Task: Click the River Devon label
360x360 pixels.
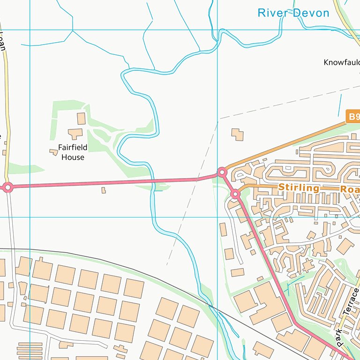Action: point(293,13)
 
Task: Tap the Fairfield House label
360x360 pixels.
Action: point(73,152)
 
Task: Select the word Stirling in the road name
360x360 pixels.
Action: point(299,187)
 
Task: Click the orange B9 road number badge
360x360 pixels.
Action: point(353,116)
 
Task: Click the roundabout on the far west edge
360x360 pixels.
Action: point(7,187)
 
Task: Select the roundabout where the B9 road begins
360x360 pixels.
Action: point(222,172)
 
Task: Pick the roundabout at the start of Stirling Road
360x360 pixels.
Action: point(235,194)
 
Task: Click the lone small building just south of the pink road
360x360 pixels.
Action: point(104,190)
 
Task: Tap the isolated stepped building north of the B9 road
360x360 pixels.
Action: point(238,135)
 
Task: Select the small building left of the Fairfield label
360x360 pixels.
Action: point(53,151)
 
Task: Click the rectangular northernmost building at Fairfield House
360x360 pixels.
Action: point(81,118)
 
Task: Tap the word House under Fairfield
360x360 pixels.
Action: point(73,157)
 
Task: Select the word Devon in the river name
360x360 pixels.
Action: point(312,13)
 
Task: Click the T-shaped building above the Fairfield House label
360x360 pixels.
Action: point(75,134)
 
